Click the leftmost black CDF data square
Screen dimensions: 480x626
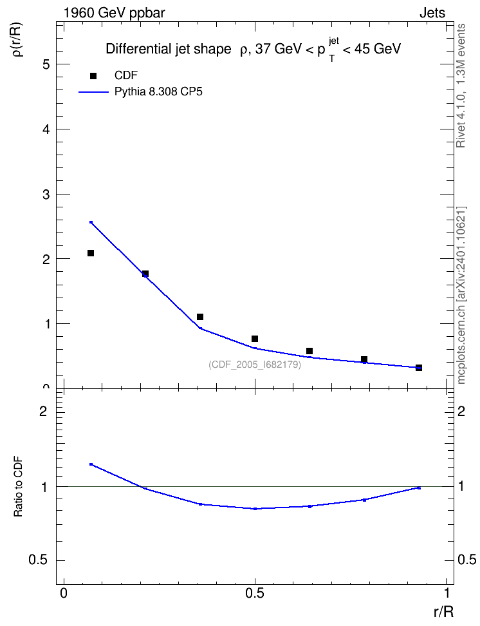pos(91,253)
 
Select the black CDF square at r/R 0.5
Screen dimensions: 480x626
pos(255,339)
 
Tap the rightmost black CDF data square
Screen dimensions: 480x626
pos(419,368)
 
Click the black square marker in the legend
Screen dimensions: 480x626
pos(93,76)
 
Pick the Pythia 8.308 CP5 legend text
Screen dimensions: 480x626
pos(158,92)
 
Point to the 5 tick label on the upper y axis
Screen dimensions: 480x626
pos(46,64)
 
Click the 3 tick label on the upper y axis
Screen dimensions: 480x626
pos(46,194)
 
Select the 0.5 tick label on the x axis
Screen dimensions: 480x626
pos(255,593)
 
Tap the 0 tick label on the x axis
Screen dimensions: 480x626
pos(64,593)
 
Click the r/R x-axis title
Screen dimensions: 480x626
pos(443,612)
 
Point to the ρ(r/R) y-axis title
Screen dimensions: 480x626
pos(18,39)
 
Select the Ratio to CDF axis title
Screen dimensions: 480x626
pos(18,487)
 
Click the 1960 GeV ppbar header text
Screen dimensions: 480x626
pos(114,13)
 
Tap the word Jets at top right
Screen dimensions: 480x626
pos(432,13)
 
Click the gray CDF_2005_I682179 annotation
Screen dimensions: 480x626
pos(255,365)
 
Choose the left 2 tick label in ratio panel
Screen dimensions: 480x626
pos(43,411)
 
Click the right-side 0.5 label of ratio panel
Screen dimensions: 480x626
pos(466,560)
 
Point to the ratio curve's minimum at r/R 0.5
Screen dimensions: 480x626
pos(255,509)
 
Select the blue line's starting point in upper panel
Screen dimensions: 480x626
pos(91,222)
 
